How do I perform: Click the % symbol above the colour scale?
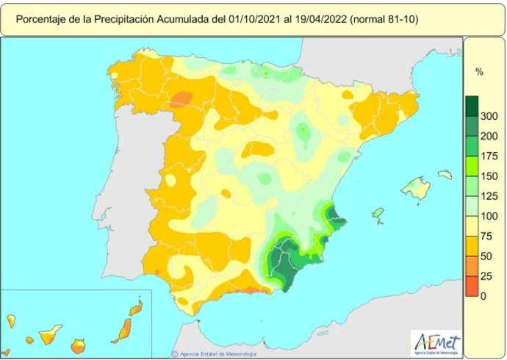(478, 72)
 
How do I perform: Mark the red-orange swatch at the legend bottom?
(472, 287)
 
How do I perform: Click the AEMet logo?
(437, 342)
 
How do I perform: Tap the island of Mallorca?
(416, 189)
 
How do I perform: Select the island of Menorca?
(445, 175)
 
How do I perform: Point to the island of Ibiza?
(378, 215)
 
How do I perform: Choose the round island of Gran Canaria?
(78, 345)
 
